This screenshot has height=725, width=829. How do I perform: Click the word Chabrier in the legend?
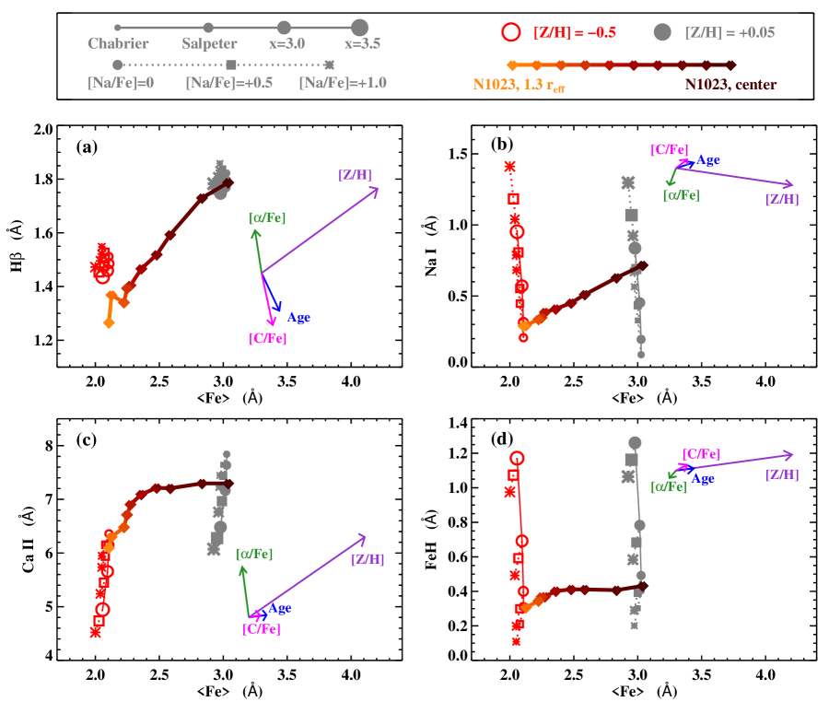118,43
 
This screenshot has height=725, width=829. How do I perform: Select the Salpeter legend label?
209,43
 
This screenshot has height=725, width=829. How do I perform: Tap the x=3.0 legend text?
286,43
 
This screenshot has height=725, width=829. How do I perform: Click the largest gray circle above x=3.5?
360,28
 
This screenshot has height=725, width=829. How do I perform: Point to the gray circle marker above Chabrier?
117,28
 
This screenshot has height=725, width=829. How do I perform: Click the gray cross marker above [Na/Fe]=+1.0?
330,64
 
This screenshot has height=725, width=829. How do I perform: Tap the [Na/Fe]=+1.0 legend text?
343,83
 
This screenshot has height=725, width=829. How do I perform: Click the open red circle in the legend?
511,32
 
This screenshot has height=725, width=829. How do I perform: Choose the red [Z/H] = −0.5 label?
575,32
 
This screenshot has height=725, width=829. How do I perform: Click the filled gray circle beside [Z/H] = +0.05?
662,32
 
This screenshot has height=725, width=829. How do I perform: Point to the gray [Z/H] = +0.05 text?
730,32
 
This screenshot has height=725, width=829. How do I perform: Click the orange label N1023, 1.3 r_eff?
520,85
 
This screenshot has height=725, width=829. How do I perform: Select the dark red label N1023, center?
730,85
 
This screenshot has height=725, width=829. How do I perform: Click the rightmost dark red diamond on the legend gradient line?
730,65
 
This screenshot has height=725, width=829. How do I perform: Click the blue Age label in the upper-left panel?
298,317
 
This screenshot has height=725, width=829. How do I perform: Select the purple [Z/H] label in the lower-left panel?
368,559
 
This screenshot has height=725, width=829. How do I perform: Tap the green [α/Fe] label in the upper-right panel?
681,194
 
